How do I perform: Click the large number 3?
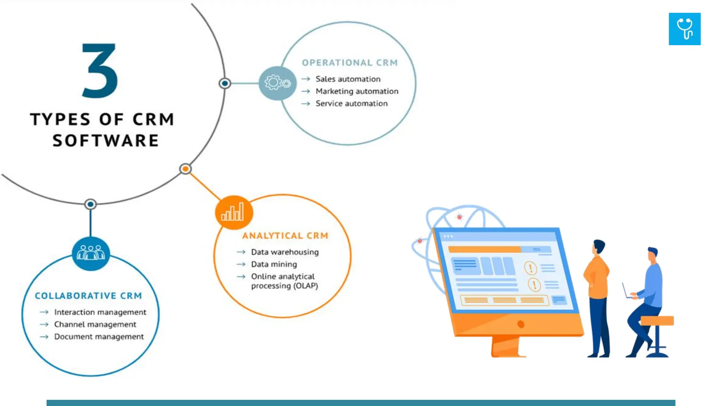[100, 70]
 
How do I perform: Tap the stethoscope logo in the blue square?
[684, 29]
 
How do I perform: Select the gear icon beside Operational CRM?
[277, 83]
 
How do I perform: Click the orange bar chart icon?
[233, 213]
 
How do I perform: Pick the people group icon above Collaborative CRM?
[91, 253]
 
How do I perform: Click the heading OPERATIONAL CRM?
[350, 63]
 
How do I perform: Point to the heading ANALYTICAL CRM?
[285, 236]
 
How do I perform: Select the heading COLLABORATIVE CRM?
[88, 296]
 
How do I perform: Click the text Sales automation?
[348, 79]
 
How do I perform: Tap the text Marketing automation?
[357, 91]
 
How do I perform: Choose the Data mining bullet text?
[274, 264]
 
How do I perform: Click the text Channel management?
[95, 324]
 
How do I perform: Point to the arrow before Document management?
[44, 337]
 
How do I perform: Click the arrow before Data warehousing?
[241, 252]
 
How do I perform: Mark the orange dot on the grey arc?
[185, 169]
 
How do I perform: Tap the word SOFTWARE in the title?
[106, 141]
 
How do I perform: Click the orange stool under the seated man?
[657, 321]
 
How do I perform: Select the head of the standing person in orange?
[599, 246]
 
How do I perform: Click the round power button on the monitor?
[520, 324]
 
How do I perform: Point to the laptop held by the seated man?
[626, 291]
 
